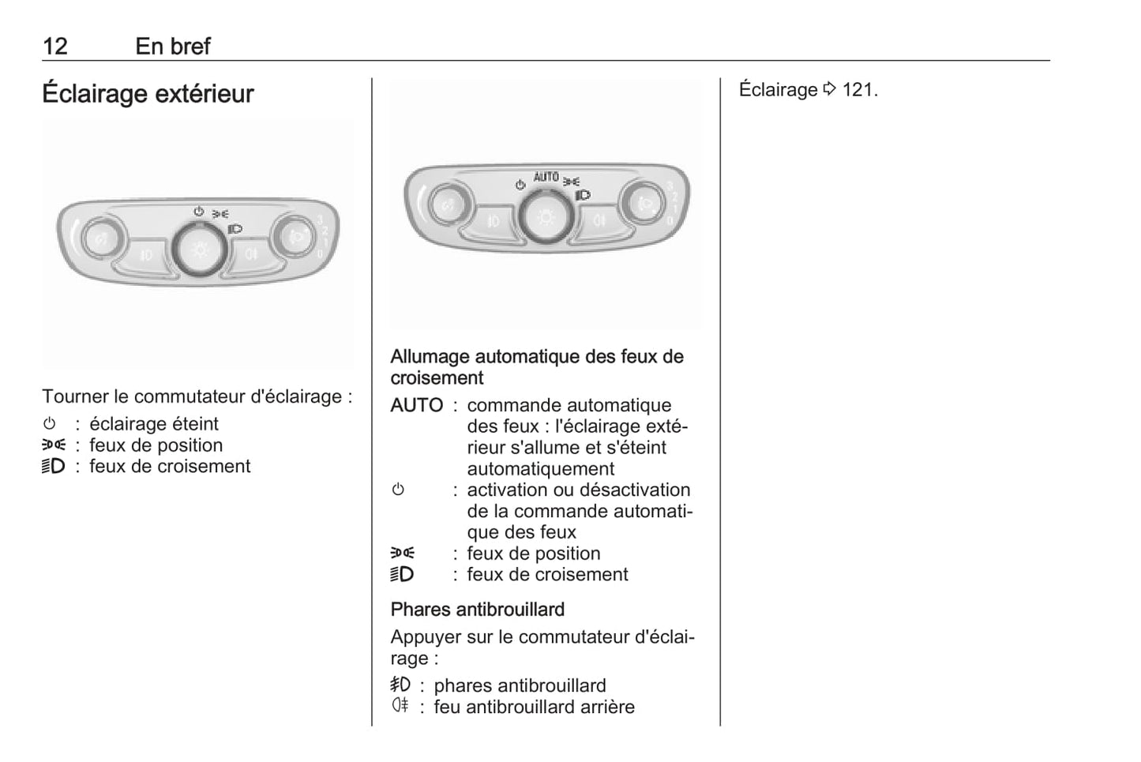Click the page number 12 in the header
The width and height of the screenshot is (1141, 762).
tap(55, 47)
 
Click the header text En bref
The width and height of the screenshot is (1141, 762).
tap(173, 47)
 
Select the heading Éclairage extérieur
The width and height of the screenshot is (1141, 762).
tap(148, 94)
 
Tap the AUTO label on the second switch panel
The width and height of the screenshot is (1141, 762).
tap(546, 177)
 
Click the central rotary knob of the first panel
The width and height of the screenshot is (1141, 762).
tap(200, 250)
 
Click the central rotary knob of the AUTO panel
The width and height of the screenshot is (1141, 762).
tap(546, 217)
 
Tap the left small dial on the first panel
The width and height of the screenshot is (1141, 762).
tap(101, 238)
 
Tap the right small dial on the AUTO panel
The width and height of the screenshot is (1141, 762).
tap(643, 204)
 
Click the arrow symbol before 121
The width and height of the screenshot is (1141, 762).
tap(829, 89)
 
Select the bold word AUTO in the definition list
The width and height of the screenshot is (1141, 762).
tap(417, 405)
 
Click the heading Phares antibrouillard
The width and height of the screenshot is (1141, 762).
tap(477, 609)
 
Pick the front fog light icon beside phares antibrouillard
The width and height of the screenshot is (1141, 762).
tap(400, 684)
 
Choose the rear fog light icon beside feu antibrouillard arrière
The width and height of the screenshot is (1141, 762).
tap(400, 705)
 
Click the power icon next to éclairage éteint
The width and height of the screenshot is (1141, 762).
tap(50, 423)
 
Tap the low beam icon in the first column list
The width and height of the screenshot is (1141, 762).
tap(54, 466)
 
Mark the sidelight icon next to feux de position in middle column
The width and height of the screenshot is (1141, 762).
tap(403, 553)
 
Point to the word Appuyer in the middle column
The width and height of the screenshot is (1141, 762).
tap(421, 638)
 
